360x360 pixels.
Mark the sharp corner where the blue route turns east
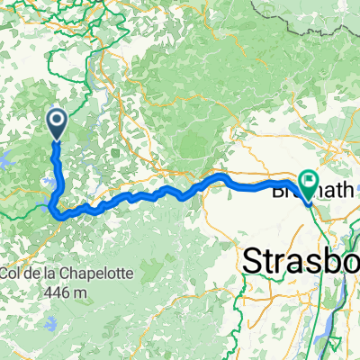pyautogui.click(x=59, y=215)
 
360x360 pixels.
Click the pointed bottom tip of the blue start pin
pyautogui.click(x=56, y=140)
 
